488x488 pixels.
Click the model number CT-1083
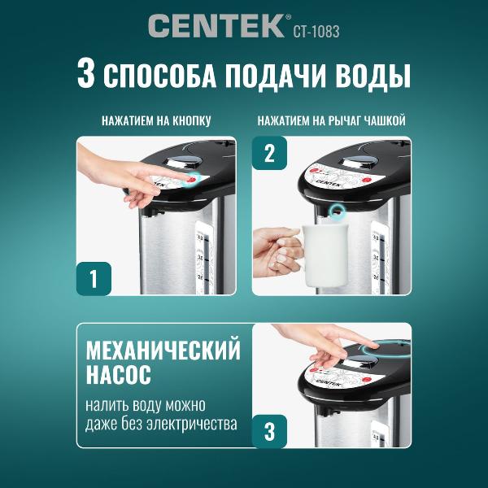[x=314, y=32]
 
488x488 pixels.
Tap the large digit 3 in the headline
[x=89, y=75]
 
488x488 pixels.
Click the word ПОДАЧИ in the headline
[x=275, y=76]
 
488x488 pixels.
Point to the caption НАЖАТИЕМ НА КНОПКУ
[x=156, y=120]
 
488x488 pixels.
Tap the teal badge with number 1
[x=94, y=278]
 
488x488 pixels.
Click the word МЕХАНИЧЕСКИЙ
[x=163, y=351]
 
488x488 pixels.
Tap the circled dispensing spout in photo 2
[x=336, y=211]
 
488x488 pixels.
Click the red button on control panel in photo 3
[x=365, y=378]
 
